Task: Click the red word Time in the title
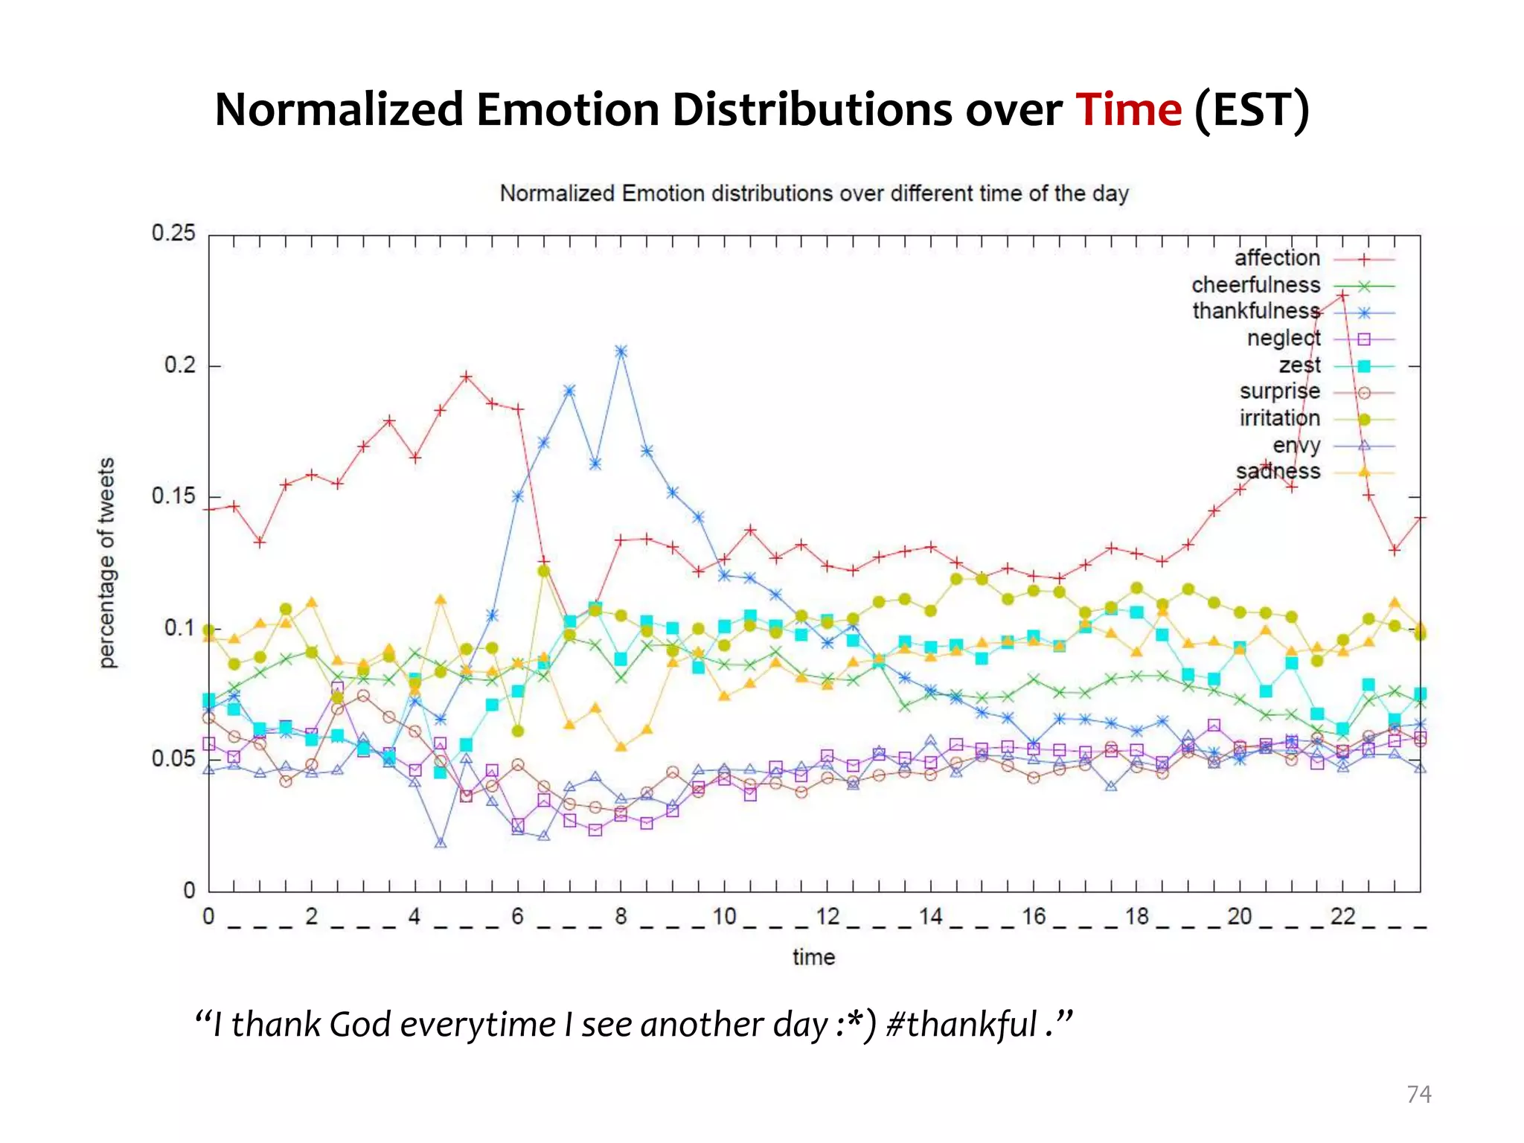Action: (x=1128, y=110)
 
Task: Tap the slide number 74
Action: (x=1418, y=1094)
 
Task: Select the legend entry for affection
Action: (x=1277, y=258)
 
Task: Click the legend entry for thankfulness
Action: (x=1256, y=311)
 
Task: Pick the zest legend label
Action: (x=1299, y=365)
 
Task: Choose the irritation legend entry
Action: (x=1280, y=418)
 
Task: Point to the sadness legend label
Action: (x=1278, y=472)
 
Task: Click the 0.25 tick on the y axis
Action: (x=173, y=233)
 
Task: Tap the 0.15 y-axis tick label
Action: (x=173, y=496)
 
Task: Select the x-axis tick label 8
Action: (x=621, y=916)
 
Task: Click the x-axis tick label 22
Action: (x=1342, y=916)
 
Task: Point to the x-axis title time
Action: (x=813, y=957)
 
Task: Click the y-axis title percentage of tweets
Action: (x=107, y=563)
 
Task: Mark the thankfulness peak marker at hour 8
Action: (x=621, y=351)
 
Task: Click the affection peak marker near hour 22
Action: (x=1342, y=295)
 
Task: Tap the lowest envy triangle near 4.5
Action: (x=441, y=843)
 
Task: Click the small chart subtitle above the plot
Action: (x=814, y=193)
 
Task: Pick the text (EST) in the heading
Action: (x=1251, y=110)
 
